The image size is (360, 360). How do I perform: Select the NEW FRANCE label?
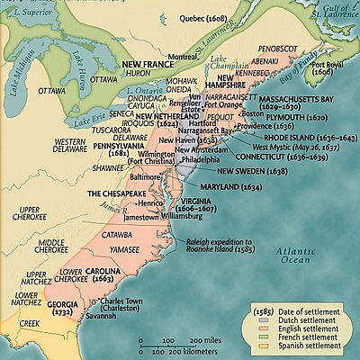pos(148,65)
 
